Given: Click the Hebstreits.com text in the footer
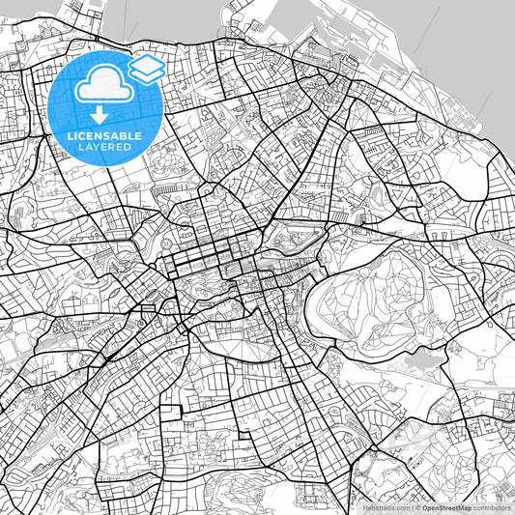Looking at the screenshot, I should (x=386, y=506).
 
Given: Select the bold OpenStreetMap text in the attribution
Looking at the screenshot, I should (x=443, y=506).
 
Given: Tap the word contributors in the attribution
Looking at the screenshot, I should (x=490, y=506).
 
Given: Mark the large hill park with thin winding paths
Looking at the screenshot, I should (x=377, y=290).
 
